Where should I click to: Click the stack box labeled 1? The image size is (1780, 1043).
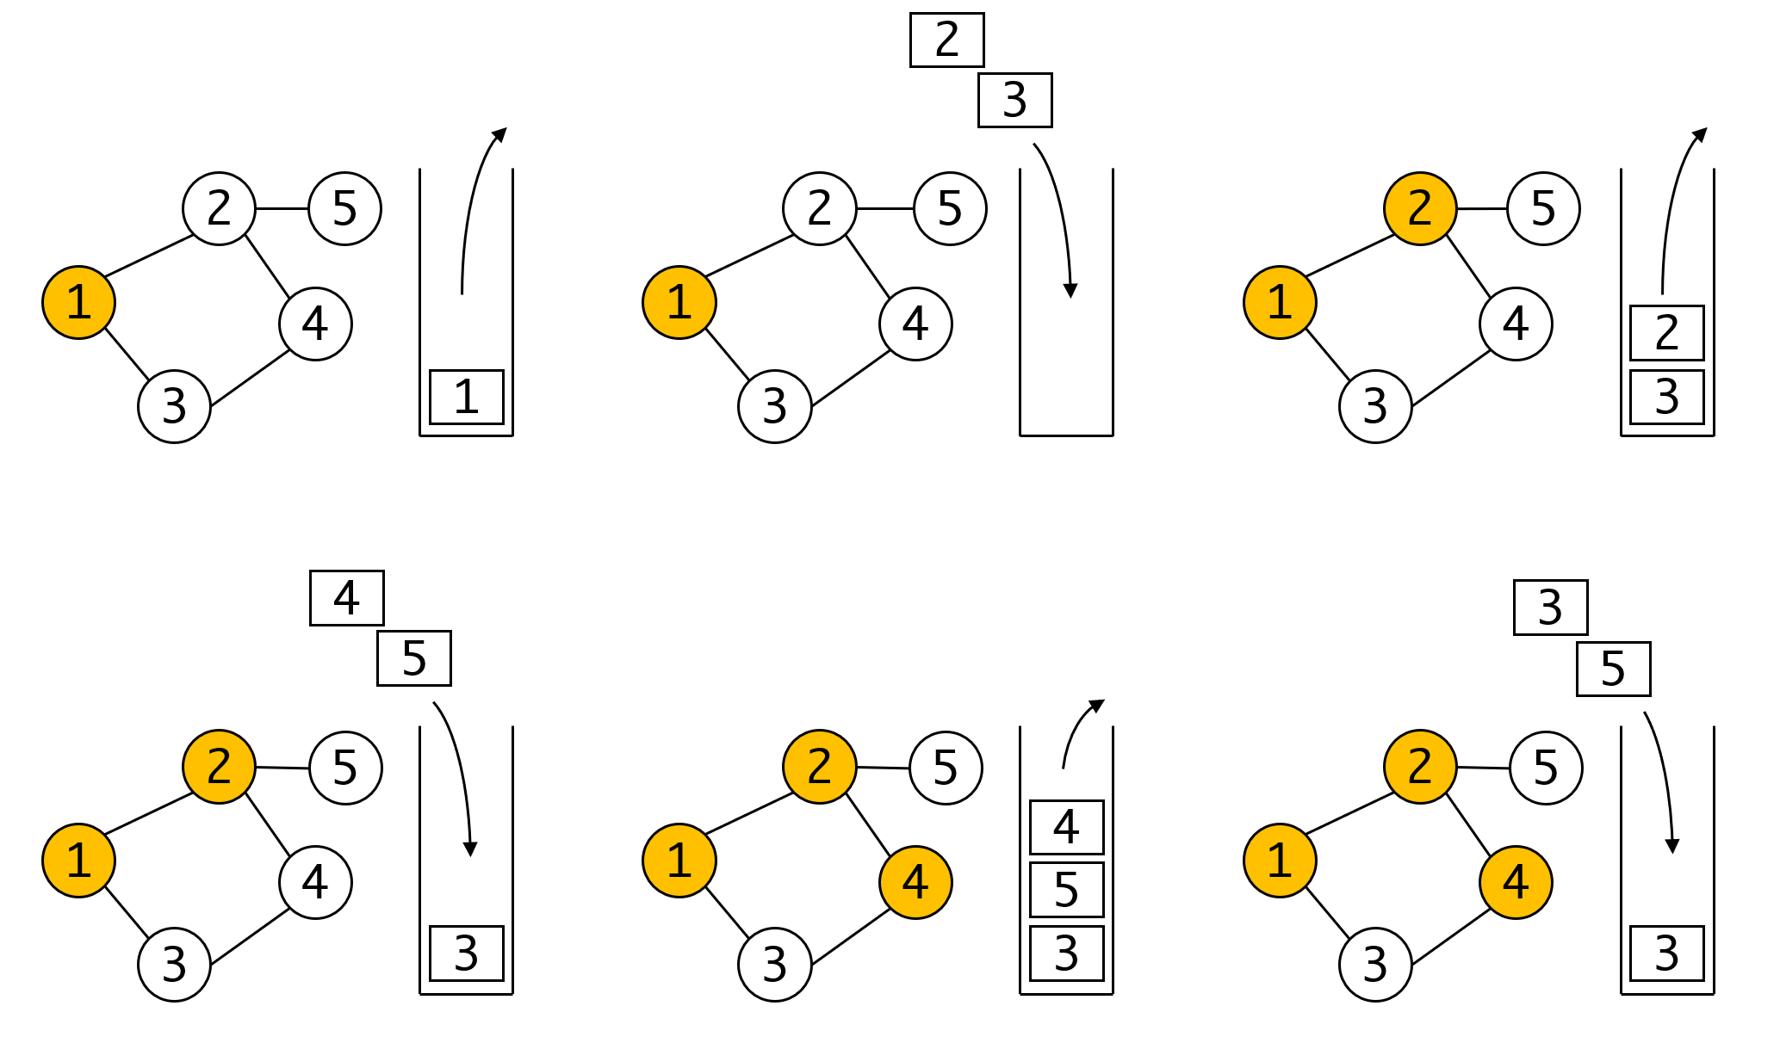click(x=466, y=397)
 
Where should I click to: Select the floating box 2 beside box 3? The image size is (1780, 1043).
click(x=946, y=40)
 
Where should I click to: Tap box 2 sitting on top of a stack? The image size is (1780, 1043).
click(x=1666, y=332)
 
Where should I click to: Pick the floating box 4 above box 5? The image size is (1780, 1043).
click(x=346, y=597)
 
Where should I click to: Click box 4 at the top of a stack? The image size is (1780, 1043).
click(x=1066, y=826)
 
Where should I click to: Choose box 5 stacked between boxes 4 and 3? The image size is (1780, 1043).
click(x=1066, y=889)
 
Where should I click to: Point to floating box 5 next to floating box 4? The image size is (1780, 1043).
click(x=413, y=658)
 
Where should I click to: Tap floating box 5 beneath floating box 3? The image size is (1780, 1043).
click(x=1613, y=669)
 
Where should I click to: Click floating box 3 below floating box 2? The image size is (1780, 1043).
click(x=1014, y=100)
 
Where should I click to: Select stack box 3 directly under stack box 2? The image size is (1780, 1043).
click(x=1666, y=397)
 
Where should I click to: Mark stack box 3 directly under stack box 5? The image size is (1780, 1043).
click(x=1066, y=953)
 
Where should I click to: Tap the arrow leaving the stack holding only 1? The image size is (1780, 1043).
click(x=474, y=207)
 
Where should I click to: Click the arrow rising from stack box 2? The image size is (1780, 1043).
click(x=1675, y=207)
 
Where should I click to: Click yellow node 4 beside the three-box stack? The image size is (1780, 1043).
click(x=915, y=882)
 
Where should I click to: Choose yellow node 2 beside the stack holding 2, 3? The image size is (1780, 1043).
click(x=1419, y=208)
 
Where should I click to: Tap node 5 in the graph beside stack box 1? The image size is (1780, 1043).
click(x=344, y=208)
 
